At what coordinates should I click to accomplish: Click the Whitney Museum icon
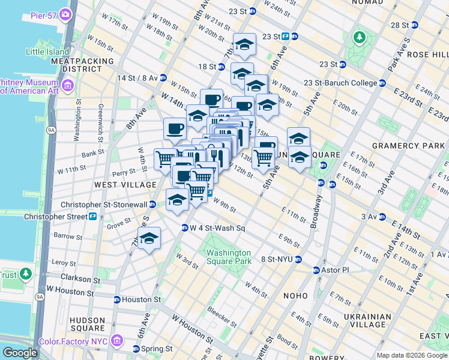tap(67, 86)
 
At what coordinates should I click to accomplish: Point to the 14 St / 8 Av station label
tap(137, 78)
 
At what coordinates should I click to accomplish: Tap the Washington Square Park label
tap(229, 257)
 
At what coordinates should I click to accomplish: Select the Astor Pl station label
tap(337, 270)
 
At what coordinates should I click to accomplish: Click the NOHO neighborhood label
tap(294, 296)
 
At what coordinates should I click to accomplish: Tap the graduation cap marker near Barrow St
tap(149, 238)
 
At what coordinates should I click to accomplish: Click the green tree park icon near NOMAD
tap(360, 38)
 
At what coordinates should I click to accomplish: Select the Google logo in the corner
tap(20, 353)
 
